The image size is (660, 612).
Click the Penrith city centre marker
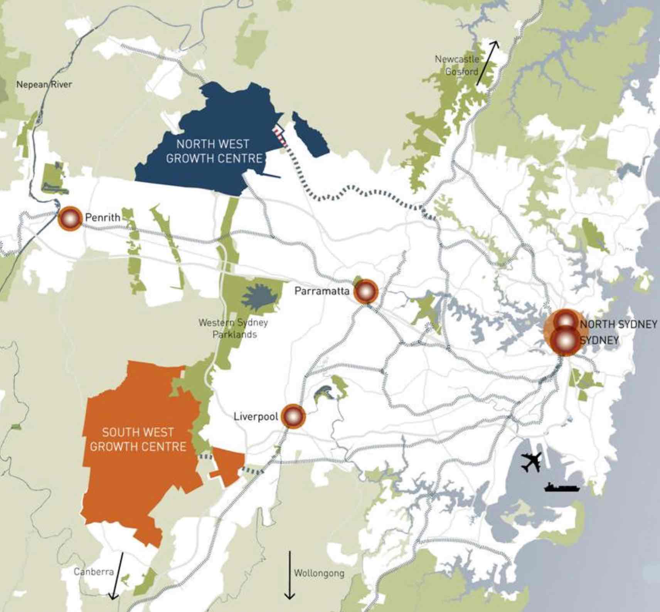70,219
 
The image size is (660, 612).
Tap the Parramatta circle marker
365,292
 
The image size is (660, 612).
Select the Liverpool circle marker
293,416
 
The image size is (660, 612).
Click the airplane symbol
531,462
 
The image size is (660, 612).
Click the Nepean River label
44,84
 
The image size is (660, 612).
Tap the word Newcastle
457,59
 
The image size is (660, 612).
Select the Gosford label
461,71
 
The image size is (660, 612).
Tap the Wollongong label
319,573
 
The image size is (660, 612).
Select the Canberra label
94,571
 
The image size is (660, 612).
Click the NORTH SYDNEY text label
618,324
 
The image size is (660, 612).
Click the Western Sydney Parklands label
234,328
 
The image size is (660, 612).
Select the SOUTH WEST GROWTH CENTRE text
138,439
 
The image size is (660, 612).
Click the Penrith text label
103,217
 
